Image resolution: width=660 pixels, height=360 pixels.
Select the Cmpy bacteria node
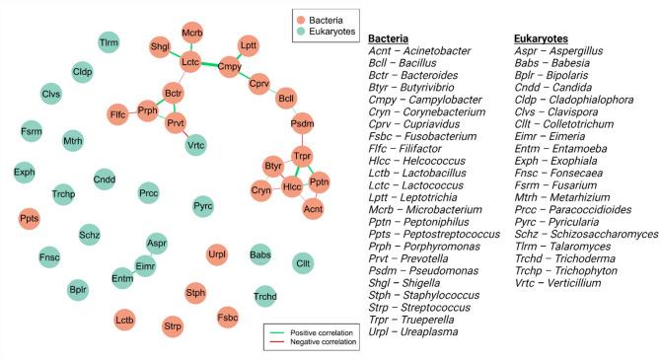pyautogui.click(x=229, y=67)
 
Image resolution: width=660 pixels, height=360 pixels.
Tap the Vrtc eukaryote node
pyautogui.click(x=195, y=144)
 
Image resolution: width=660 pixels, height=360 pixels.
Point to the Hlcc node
pyautogui.click(x=292, y=186)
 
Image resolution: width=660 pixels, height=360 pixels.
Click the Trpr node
pyautogui.click(x=302, y=158)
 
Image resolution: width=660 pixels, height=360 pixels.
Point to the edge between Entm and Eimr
pyautogui.click(x=134, y=272)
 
